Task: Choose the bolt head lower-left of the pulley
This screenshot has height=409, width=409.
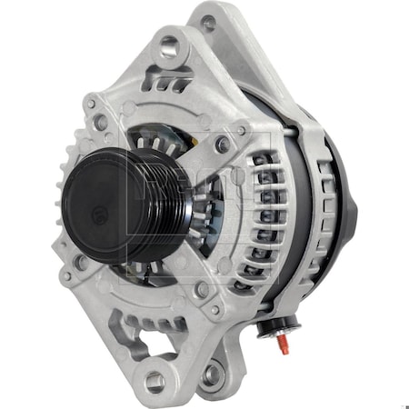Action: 79,264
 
